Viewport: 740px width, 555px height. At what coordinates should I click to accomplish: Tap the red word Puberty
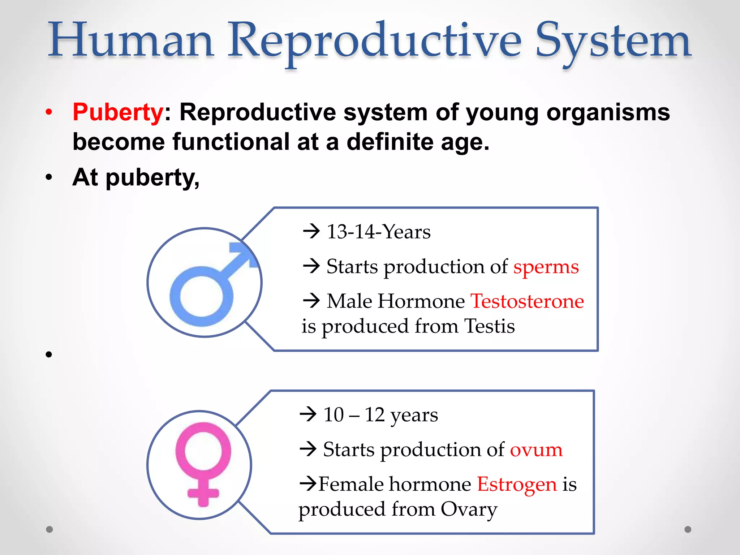pos(118,112)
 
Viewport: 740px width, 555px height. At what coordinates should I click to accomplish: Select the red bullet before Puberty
pos(49,112)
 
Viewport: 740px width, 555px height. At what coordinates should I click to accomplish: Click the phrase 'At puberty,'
pos(135,177)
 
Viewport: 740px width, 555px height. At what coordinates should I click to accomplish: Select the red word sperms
pos(546,267)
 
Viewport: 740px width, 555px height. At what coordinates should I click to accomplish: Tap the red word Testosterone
pos(527,301)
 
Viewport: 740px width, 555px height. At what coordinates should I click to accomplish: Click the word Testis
pos(489,326)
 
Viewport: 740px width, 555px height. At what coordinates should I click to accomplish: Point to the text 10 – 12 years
pos(380,414)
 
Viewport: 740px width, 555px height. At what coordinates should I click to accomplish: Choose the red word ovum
pos(536,449)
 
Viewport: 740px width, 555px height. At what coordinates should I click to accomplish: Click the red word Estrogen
pos(517,484)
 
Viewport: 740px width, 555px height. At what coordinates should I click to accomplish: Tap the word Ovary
pos(469,509)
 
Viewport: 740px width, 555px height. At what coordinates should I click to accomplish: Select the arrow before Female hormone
pos(308,483)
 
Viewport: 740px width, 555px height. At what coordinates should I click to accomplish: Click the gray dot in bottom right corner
pos(688,529)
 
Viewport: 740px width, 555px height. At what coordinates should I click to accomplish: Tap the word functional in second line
pos(231,142)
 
